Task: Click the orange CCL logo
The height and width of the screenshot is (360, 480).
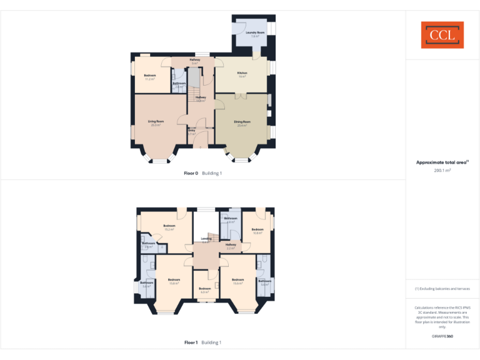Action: click(x=442, y=35)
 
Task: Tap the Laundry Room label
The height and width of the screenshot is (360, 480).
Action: click(x=255, y=32)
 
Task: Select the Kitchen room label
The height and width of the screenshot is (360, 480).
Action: click(x=242, y=73)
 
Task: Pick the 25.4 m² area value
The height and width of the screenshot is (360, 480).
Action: click(x=242, y=125)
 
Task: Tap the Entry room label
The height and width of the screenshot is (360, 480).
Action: click(x=192, y=131)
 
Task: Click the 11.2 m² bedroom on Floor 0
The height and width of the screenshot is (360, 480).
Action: click(x=149, y=79)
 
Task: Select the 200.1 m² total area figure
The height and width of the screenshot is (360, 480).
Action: click(x=442, y=170)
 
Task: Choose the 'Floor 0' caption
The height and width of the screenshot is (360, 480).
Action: click(x=191, y=173)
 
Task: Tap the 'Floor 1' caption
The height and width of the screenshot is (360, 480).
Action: click(x=191, y=342)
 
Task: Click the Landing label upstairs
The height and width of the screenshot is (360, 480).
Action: click(x=206, y=239)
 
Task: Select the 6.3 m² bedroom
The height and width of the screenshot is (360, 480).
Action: click(x=205, y=289)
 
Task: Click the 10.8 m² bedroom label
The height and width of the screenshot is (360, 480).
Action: click(x=257, y=230)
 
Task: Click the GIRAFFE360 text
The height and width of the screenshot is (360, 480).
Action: click(x=442, y=336)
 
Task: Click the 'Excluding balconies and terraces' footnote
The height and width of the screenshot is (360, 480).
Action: click(x=442, y=289)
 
